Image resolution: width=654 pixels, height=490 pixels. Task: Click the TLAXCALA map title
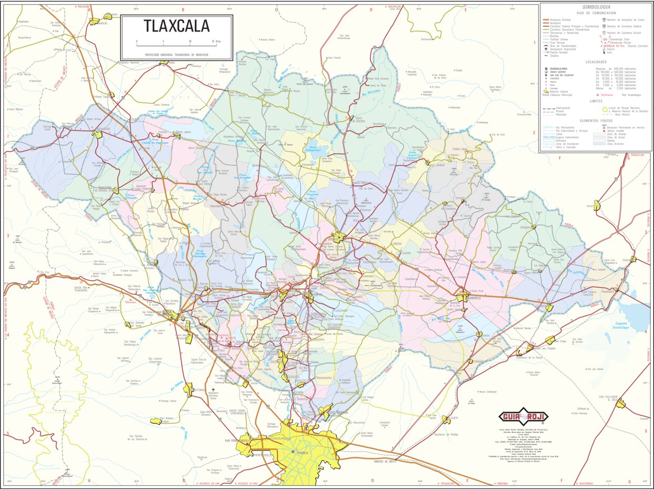[177, 26]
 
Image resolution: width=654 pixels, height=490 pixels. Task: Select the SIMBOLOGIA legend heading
[596, 7]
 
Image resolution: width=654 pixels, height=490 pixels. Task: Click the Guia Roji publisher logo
[523, 417]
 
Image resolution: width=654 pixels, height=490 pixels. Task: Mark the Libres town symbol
[597, 205]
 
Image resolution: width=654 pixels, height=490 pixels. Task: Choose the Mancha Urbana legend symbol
[546, 91]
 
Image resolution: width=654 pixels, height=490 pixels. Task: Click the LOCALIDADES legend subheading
[596, 62]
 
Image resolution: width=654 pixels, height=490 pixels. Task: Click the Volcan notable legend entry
[620, 131]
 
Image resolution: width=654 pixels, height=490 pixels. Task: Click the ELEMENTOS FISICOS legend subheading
[596, 121]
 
